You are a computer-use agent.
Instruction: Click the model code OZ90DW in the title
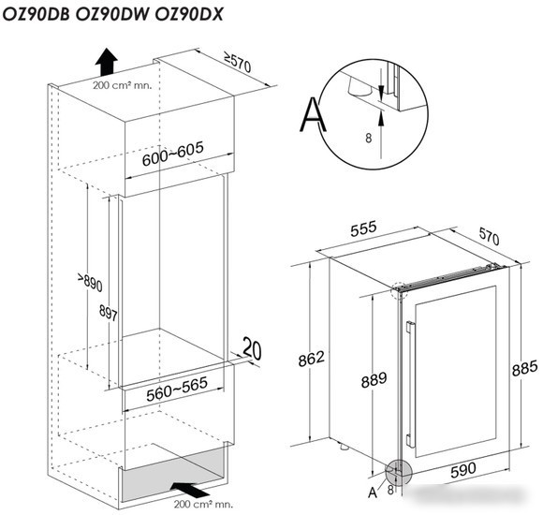pyautogui.click(x=111, y=15)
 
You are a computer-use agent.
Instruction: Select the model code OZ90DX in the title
pyautogui.click(x=189, y=15)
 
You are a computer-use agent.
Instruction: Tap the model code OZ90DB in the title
pyautogui.click(x=36, y=15)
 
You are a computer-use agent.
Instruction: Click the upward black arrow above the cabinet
pyautogui.click(x=107, y=62)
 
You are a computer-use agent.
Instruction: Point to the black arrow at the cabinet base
pyautogui.click(x=190, y=489)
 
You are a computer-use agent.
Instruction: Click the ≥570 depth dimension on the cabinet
pyautogui.click(x=237, y=62)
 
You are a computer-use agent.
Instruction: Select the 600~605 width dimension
pyautogui.click(x=173, y=154)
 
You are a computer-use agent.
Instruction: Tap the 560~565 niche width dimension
pyautogui.click(x=177, y=389)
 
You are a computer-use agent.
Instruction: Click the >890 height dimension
pyautogui.click(x=90, y=282)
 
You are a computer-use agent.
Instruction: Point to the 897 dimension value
pyautogui.click(x=109, y=313)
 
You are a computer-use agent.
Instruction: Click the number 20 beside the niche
pyautogui.click(x=252, y=348)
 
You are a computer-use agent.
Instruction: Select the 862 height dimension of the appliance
pyautogui.click(x=312, y=359)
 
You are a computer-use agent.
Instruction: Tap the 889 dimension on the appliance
pyautogui.click(x=374, y=380)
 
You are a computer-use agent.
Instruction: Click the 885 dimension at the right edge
pyautogui.click(x=524, y=368)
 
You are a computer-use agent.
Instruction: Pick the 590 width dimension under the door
pyautogui.click(x=463, y=470)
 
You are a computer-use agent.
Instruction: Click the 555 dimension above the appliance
pyautogui.click(x=363, y=228)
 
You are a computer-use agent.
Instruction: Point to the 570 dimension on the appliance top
pyautogui.click(x=490, y=237)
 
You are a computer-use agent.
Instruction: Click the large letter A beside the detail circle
pyautogui.click(x=313, y=114)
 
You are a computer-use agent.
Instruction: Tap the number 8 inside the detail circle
pyautogui.click(x=369, y=139)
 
